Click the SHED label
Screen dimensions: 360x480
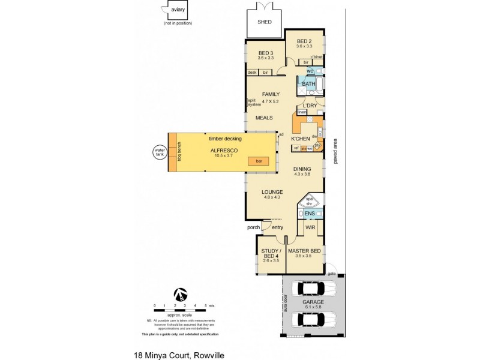tap(265, 22)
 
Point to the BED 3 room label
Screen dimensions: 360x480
tap(265, 53)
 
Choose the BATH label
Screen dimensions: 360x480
tap(308, 85)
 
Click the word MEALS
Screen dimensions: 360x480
tap(265, 118)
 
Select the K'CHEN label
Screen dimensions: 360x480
tap(300, 139)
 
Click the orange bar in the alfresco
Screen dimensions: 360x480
tap(259, 161)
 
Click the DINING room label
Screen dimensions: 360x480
tap(302, 169)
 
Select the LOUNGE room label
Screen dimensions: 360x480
tap(271, 192)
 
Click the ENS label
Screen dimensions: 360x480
tap(310, 214)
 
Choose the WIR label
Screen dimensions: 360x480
tap(310, 228)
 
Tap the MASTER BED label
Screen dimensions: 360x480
tap(304, 250)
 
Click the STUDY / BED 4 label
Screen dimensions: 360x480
tap(271, 253)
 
